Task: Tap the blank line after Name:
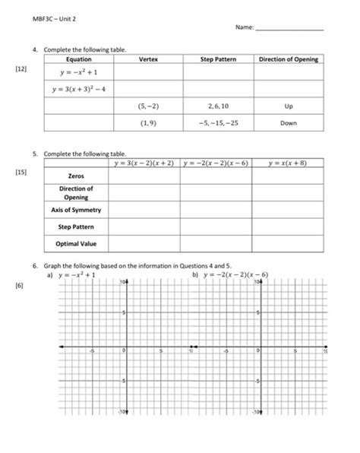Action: click(x=289, y=29)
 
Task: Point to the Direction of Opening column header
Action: click(x=288, y=59)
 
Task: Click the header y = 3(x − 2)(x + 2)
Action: click(x=144, y=163)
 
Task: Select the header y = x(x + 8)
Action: click(x=288, y=163)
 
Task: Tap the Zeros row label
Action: click(x=75, y=175)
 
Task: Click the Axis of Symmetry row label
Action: click(x=75, y=209)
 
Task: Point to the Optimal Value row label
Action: click(x=75, y=244)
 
